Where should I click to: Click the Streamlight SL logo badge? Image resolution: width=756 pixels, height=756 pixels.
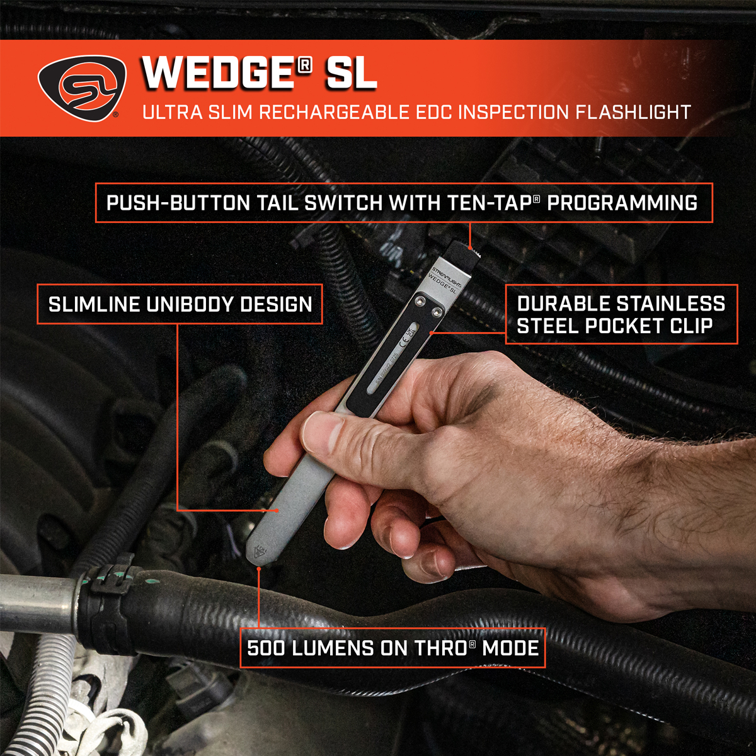pyautogui.click(x=81, y=88)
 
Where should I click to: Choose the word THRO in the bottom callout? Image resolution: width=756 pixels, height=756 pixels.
pyautogui.click(x=441, y=648)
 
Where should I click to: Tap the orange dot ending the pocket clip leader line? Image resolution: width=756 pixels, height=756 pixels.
pyautogui.click(x=431, y=332)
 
